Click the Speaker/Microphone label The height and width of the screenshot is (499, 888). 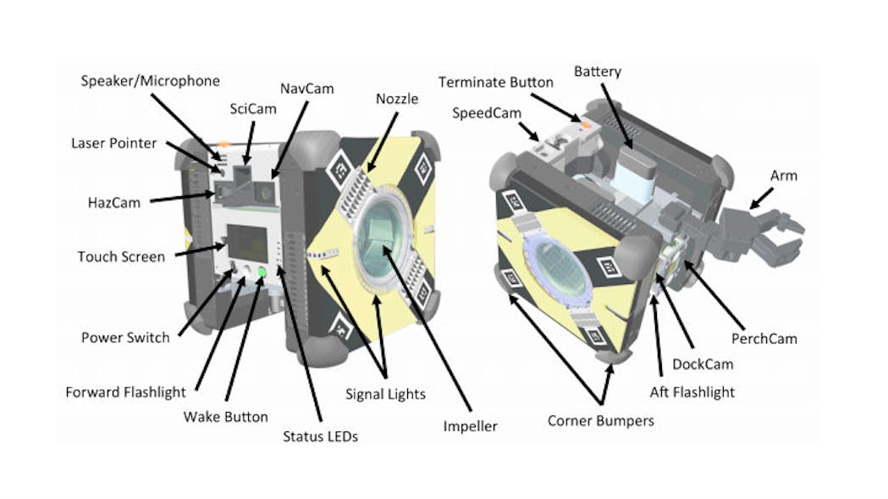point(151,81)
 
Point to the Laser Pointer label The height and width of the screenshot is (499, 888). point(113,143)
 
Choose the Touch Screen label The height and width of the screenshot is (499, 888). point(121,256)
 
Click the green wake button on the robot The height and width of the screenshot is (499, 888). point(262,272)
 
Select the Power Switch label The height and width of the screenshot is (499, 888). point(125,337)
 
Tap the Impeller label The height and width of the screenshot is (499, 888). point(470,426)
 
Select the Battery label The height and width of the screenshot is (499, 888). point(598,71)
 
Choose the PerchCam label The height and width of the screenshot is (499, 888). point(765,338)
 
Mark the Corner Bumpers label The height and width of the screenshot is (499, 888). point(600,420)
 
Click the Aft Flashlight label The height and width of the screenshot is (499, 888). point(692,392)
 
